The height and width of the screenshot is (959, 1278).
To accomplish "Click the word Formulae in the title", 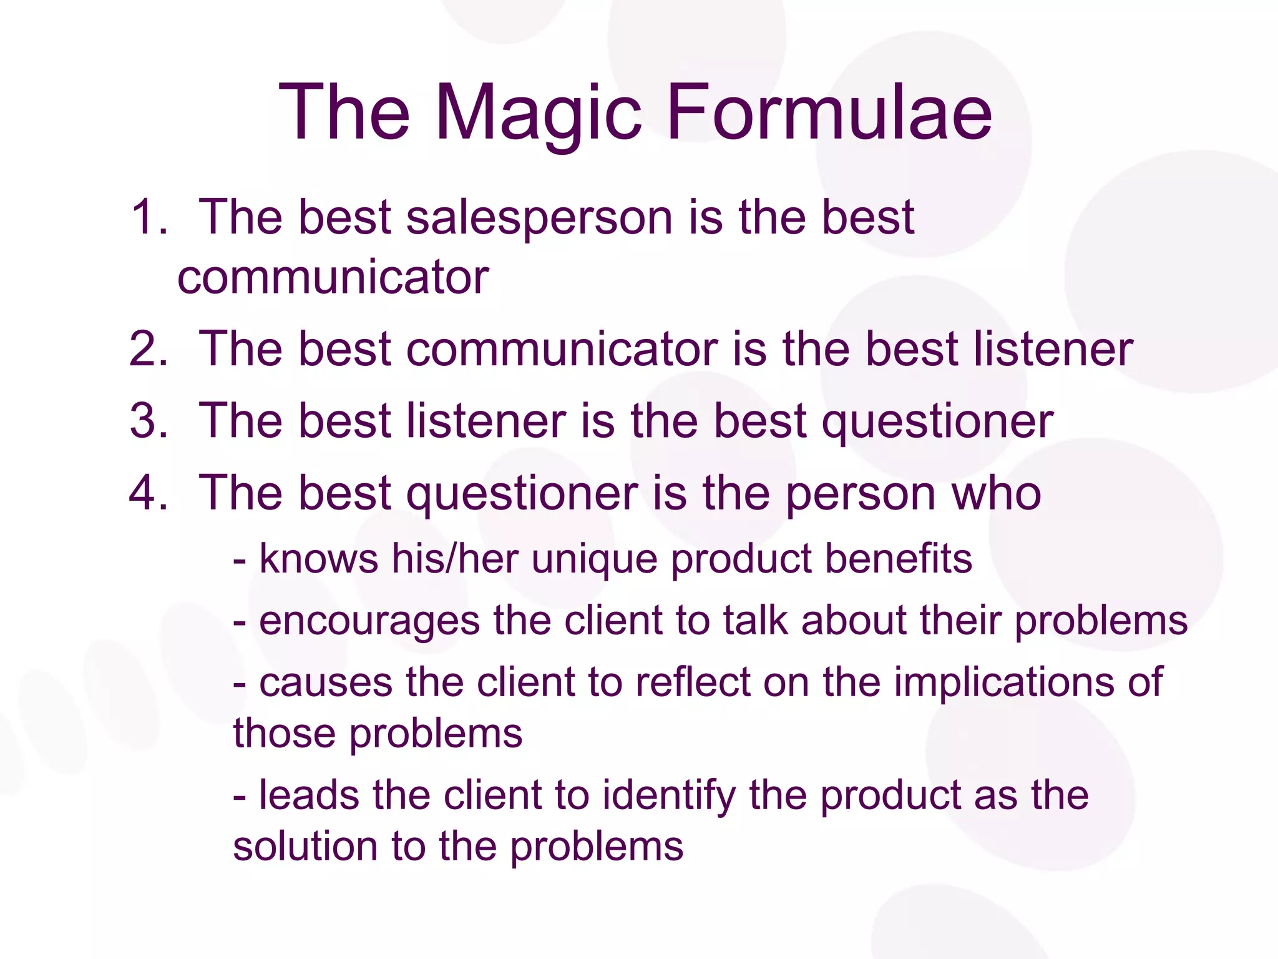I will (x=829, y=114).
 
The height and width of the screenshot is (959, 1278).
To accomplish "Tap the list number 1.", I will (x=149, y=217).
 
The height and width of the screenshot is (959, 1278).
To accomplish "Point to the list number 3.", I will (x=149, y=421).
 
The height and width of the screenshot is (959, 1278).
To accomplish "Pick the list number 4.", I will (x=149, y=493).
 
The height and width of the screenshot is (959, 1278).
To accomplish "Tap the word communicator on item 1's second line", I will (x=333, y=277).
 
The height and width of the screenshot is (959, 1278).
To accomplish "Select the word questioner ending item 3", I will (x=937, y=422).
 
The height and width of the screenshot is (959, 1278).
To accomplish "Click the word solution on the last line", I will (x=305, y=847).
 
